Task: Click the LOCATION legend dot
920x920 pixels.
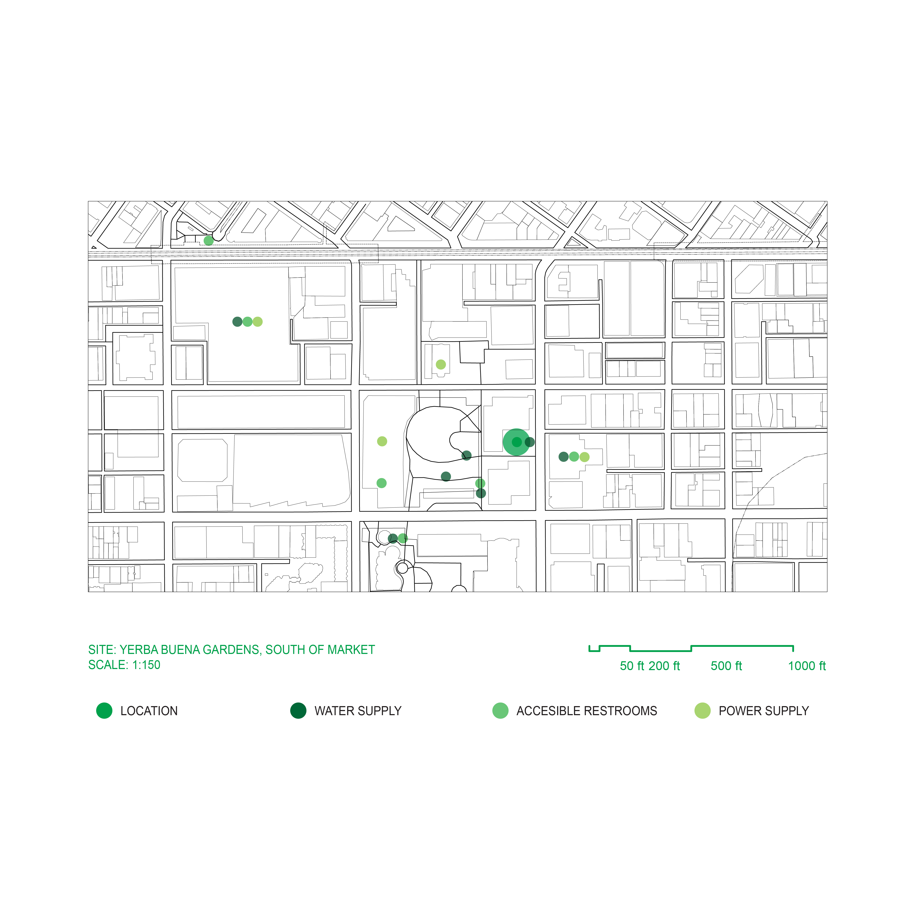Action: click(104, 710)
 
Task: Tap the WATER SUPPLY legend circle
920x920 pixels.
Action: click(298, 710)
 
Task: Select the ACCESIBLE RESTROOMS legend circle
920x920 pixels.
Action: click(500, 710)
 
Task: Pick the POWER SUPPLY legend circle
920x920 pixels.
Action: click(702, 710)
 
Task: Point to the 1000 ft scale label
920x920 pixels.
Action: click(807, 666)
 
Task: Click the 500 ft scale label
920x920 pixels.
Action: click(726, 666)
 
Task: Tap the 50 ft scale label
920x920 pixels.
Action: click(632, 666)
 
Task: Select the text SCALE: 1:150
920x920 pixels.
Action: click(124, 665)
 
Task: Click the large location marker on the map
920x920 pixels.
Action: click(516, 442)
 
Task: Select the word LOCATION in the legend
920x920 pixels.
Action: click(149, 711)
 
